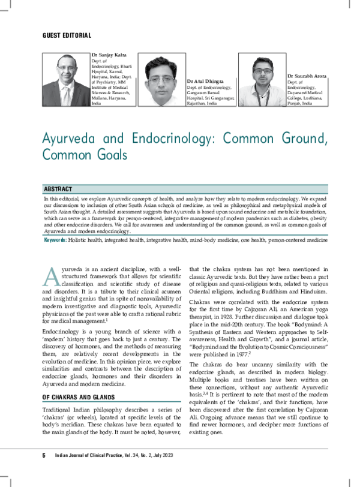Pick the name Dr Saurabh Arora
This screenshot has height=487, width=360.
pyautogui.click(x=307, y=77)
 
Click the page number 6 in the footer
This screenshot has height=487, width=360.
pyautogui.click(x=44, y=472)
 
